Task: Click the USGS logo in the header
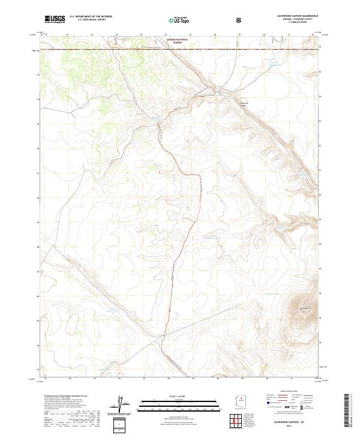point(55,19)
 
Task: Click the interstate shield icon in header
point(239,20)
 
